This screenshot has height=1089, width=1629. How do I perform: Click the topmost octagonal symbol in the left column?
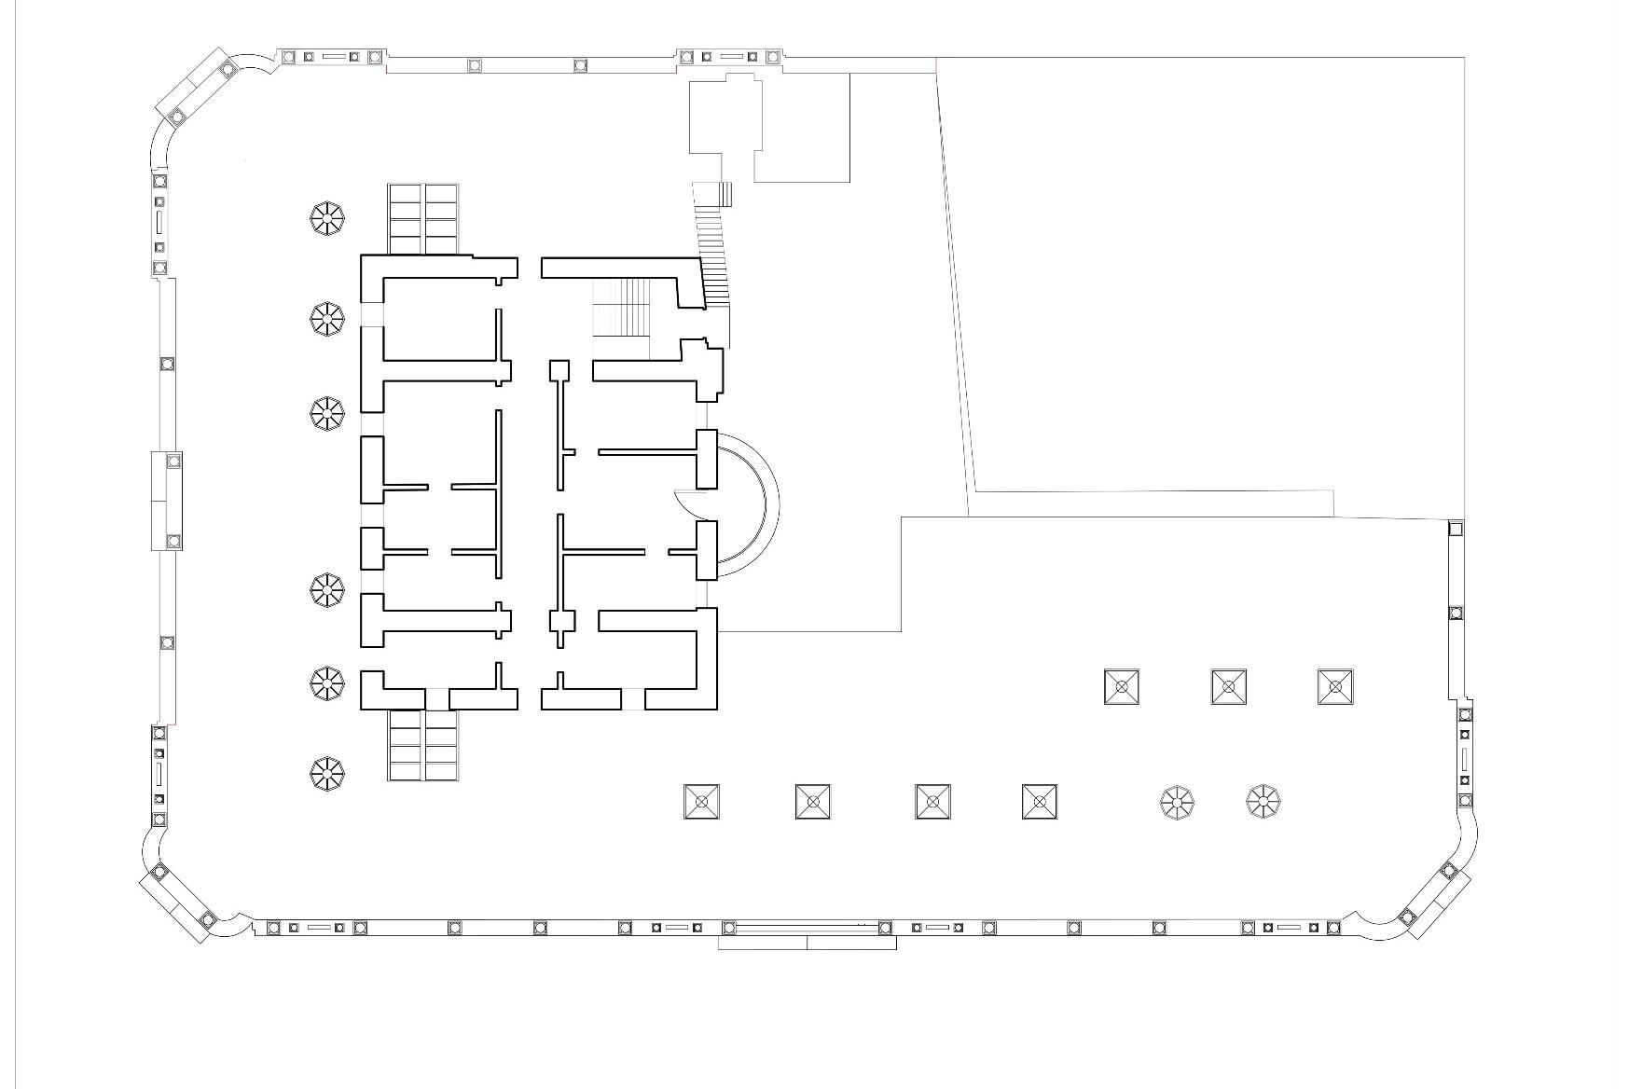327,219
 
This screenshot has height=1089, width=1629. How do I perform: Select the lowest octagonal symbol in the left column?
327,772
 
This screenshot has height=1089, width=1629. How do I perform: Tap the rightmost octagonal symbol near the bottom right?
1263,801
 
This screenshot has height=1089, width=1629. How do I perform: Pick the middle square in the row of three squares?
1228,687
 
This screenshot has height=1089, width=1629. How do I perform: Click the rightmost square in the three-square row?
1335,687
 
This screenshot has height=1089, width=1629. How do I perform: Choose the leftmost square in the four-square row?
701,802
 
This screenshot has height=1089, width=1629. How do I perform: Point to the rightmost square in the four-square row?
1039,802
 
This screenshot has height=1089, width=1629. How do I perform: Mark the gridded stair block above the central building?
423,219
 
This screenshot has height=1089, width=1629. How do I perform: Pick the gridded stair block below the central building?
423,745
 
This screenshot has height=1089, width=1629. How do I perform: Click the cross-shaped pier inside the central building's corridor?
560,622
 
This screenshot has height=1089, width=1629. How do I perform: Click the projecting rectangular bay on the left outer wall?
167,501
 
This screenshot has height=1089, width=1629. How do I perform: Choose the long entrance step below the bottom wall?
807,943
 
